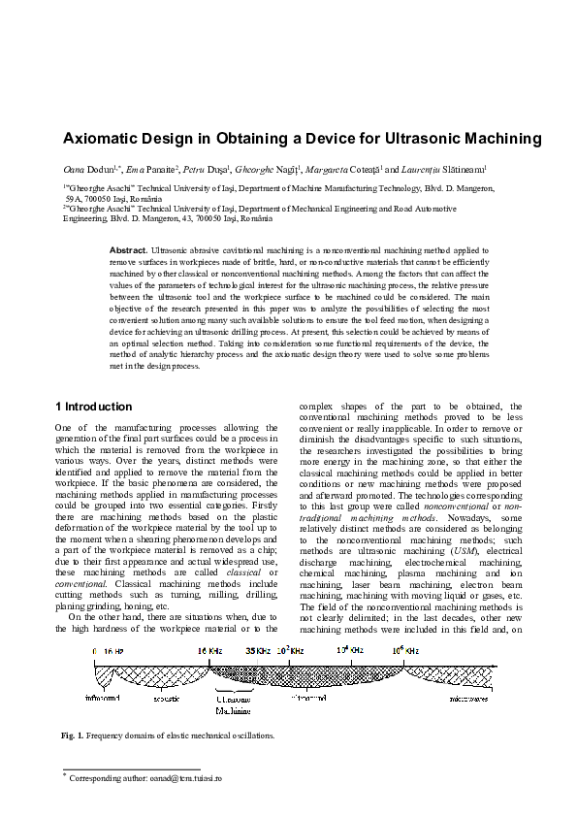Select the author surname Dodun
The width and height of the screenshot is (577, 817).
click(x=98, y=168)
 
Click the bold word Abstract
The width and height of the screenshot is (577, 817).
click(x=128, y=249)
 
